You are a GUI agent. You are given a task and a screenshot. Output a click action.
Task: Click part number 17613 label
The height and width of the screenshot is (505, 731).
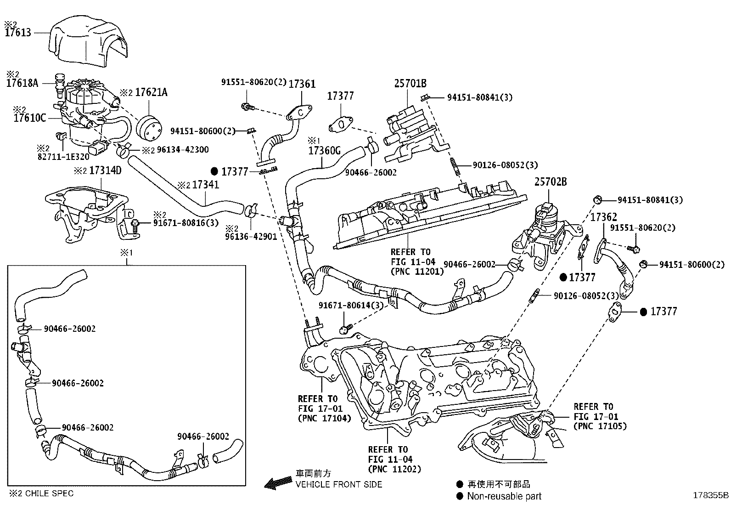(18, 33)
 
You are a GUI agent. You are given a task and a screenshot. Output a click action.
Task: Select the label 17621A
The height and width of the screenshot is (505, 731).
(151, 92)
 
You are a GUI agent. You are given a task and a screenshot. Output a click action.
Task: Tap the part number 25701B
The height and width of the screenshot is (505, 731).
(410, 84)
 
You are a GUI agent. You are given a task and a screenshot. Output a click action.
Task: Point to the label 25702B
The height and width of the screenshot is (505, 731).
(551, 182)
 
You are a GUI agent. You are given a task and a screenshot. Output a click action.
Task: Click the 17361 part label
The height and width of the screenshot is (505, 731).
(302, 84)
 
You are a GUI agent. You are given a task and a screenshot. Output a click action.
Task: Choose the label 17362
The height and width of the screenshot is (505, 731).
(604, 217)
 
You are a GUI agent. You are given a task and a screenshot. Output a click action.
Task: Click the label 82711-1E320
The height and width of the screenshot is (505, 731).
(63, 157)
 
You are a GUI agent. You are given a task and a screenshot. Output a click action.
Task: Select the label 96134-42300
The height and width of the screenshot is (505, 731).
(183, 150)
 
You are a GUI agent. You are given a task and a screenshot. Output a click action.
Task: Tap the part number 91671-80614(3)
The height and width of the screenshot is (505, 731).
(351, 306)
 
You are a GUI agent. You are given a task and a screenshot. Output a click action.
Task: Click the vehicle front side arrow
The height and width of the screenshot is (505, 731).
(278, 483)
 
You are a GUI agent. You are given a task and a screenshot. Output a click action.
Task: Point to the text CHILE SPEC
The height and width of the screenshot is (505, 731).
(49, 493)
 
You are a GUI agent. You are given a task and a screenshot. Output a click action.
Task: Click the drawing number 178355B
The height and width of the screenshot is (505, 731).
(711, 495)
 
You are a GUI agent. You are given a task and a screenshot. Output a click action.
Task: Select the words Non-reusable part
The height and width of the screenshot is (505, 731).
(504, 496)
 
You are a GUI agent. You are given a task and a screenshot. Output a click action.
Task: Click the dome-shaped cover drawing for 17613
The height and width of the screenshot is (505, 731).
(88, 41)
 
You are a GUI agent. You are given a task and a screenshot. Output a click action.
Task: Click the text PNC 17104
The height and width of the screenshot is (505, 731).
(324, 418)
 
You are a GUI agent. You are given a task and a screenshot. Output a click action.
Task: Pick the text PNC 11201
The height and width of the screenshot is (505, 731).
(417, 272)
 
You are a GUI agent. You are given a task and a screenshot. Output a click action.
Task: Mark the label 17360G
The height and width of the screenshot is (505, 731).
(324, 151)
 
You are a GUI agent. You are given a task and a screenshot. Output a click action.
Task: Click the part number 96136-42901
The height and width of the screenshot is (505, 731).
(251, 237)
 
